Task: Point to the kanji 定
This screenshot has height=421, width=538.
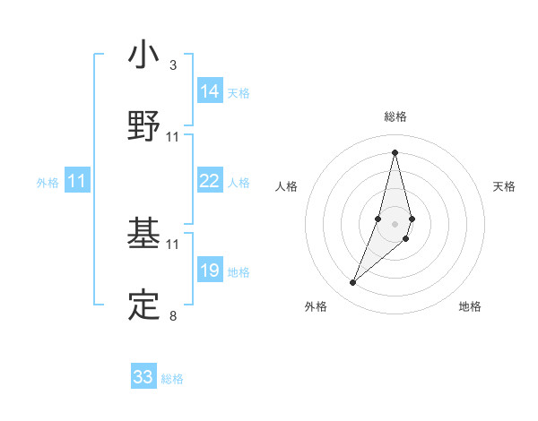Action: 144,304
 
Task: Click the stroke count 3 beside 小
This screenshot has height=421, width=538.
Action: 173,65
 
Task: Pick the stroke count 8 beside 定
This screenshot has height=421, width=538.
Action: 173,315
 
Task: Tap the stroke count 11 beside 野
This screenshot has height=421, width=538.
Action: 173,137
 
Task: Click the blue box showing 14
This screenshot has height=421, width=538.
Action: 210,91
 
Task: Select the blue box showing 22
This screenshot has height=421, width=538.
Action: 210,181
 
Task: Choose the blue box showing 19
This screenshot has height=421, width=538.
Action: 210,270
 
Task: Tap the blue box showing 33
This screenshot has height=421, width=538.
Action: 143,377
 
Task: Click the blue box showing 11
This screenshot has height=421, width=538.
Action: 77,181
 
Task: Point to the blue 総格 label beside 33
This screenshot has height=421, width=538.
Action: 173,379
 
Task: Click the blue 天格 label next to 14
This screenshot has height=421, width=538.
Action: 239,93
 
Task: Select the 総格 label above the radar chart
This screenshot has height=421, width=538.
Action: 395,116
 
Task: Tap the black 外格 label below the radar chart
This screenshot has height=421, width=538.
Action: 316,307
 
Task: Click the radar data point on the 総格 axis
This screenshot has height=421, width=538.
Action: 395,152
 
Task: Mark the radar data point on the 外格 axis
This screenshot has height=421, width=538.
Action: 353,283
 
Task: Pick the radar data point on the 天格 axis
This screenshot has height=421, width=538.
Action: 412,219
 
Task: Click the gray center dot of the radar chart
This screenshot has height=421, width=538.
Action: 395,221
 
